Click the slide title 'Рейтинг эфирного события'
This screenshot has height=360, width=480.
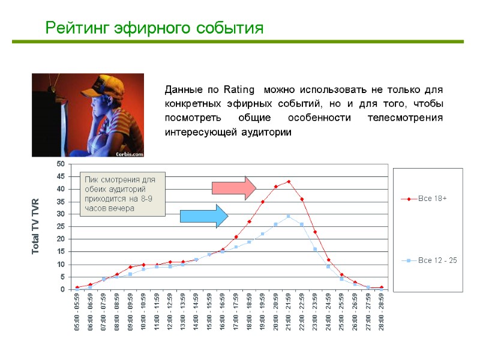pos(155,28)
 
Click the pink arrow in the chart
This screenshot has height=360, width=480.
pos(234,188)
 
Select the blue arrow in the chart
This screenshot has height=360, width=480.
pos(204,216)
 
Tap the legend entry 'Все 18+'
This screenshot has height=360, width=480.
pos(432,199)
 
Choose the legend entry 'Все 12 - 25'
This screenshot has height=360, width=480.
pos(437,260)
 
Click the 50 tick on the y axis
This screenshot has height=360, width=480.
pos(61,164)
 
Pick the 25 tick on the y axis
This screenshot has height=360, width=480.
pos(61,226)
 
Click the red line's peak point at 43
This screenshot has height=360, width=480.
pos(289,182)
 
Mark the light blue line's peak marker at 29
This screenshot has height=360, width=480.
pos(289,217)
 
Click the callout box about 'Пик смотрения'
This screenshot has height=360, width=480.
pos(123,194)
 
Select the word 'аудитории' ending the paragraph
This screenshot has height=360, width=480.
pos(265,132)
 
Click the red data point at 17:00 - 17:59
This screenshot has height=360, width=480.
pos(236,237)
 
